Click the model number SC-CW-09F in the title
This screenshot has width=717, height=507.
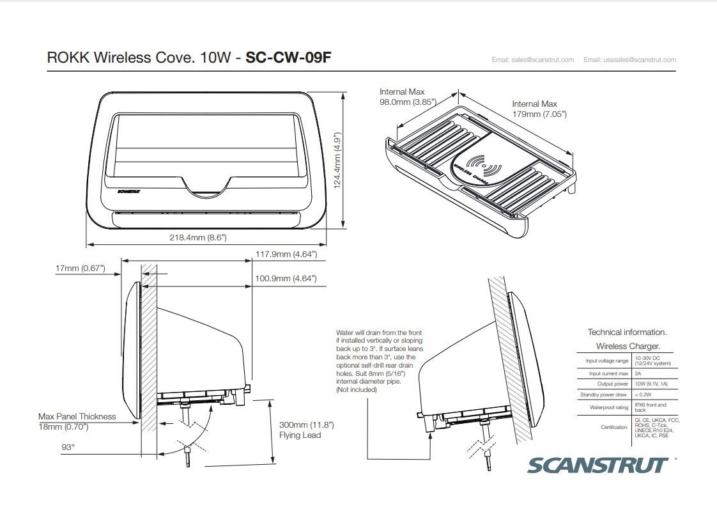(288, 58)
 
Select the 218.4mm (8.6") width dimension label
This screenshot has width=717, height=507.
(197, 237)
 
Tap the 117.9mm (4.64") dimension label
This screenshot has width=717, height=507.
(286, 254)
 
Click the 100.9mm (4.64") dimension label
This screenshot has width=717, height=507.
(286, 279)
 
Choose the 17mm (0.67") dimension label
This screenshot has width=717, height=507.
(80, 269)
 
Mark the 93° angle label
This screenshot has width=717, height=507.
(68, 448)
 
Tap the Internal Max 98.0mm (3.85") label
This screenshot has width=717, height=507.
(407, 97)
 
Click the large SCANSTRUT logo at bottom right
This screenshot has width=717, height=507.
(597, 465)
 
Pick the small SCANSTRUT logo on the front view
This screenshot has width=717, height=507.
(129, 191)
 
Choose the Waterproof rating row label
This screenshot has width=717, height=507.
(608, 407)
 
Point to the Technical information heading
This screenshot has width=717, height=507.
(627, 332)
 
